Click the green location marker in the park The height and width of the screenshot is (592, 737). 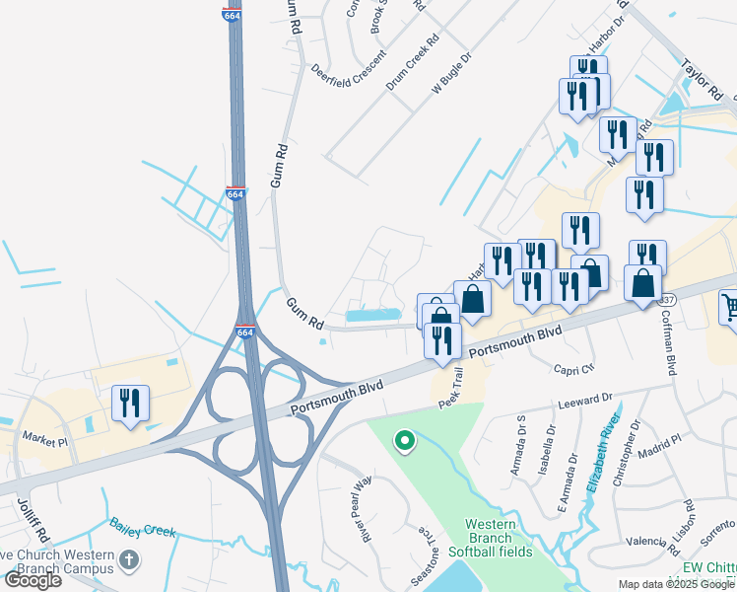403,440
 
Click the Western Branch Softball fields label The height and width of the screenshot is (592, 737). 490,538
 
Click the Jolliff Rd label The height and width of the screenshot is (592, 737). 27,523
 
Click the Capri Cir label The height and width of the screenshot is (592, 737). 575,367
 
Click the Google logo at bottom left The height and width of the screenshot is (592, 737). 33,580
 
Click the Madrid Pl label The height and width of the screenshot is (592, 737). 661,442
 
